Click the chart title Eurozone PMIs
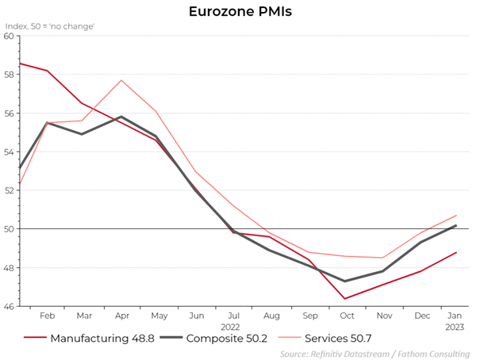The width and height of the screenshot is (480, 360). pos(239,12)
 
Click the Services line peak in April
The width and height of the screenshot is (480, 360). pos(121,80)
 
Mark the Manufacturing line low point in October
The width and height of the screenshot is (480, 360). pos(345,298)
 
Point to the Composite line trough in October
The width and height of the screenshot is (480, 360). pos(345,281)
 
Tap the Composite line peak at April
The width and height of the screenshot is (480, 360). pos(121,117)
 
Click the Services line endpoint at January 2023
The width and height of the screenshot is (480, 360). pos(456,215)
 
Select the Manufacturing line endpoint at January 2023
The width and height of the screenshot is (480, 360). pos(456,252)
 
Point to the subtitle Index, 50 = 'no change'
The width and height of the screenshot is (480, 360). pos(50,26)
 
